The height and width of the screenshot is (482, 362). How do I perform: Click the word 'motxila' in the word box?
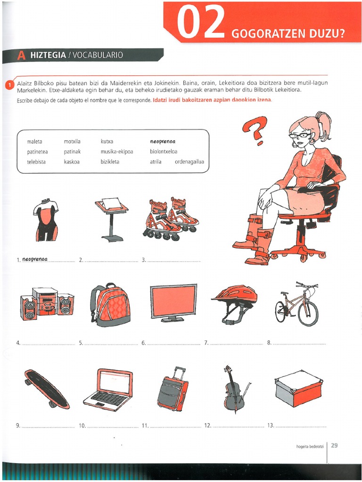coord(72,141)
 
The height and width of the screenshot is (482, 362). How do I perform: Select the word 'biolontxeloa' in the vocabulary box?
coord(164,152)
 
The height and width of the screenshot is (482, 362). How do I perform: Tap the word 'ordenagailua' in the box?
coord(189,162)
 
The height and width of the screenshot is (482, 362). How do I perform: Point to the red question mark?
coord(255,130)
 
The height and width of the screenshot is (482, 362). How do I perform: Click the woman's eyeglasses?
coord(299,135)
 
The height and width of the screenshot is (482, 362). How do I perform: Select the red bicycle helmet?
coord(235,303)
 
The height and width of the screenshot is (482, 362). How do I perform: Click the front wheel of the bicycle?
coord(308,313)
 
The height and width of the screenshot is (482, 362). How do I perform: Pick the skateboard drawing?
coord(47,388)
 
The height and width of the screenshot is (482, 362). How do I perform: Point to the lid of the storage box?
coord(298,381)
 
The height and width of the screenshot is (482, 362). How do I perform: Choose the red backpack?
coord(110,305)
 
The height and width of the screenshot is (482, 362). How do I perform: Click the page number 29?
coord(334,445)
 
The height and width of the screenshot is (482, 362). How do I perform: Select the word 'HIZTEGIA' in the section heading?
coord(48,55)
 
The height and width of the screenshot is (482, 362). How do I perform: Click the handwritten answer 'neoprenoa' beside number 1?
coord(35,259)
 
